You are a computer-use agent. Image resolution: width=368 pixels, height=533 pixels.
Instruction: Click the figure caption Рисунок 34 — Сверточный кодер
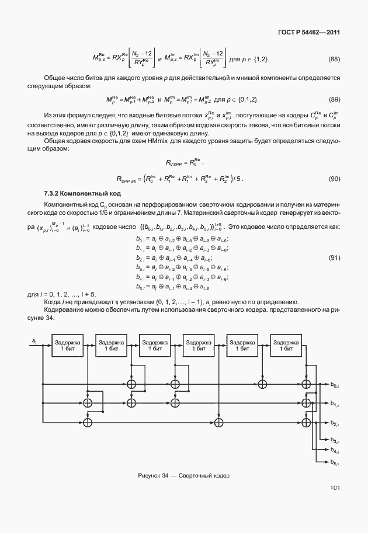click(184, 475)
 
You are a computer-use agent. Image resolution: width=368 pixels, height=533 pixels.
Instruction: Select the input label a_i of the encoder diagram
click(34, 340)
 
